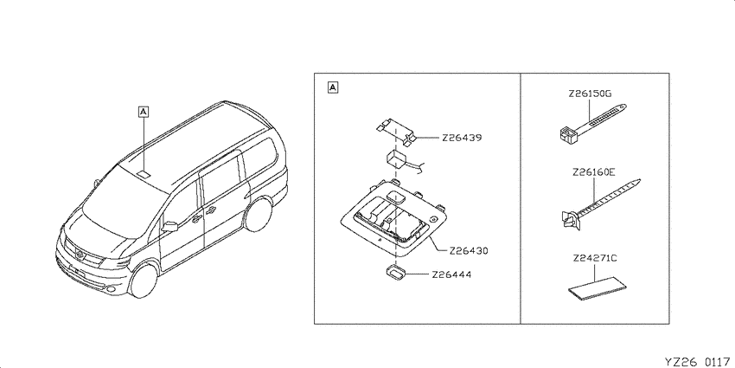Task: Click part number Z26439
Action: [x=461, y=139]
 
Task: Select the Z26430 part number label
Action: [x=469, y=251]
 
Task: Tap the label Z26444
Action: [x=451, y=274]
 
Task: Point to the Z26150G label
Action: [x=590, y=94]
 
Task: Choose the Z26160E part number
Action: [x=593, y=172]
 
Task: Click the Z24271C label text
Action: [x=594, y=258]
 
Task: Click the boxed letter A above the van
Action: [x=144, y=111]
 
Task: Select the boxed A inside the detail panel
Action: [x=332, y=87]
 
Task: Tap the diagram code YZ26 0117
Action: [x=697, y=362]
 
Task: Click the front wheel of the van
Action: [x=143, y=281]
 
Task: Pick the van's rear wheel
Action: [x=258, y=215]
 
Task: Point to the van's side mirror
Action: [x=169, y=227]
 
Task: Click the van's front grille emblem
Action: [x=80, y=255]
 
